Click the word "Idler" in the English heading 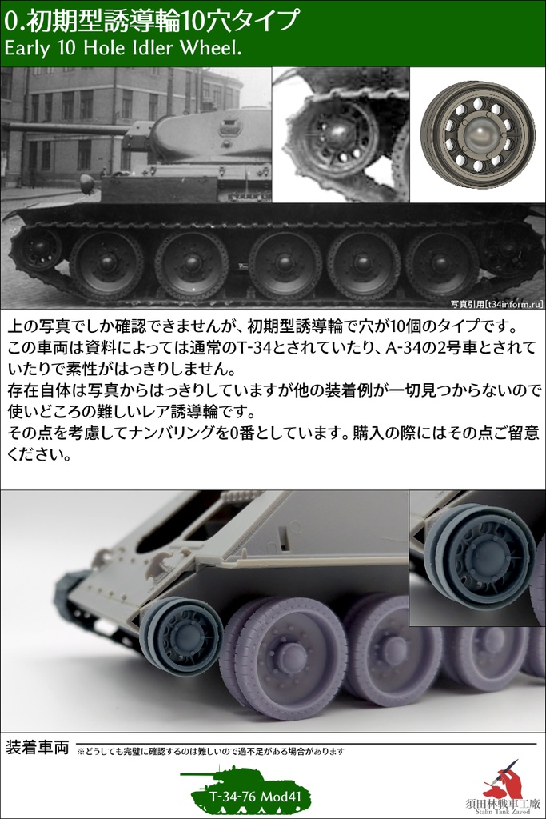pos(150,48)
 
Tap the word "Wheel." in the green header pos(211,48)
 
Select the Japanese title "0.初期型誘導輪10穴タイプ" pos(152,19)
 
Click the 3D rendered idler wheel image pos(477,134)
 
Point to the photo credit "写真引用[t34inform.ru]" pos(496,303)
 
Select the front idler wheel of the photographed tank pos(36,250)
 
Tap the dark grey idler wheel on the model pos(182,636)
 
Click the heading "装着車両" pos(37,748)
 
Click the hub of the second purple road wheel pos(393,652)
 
